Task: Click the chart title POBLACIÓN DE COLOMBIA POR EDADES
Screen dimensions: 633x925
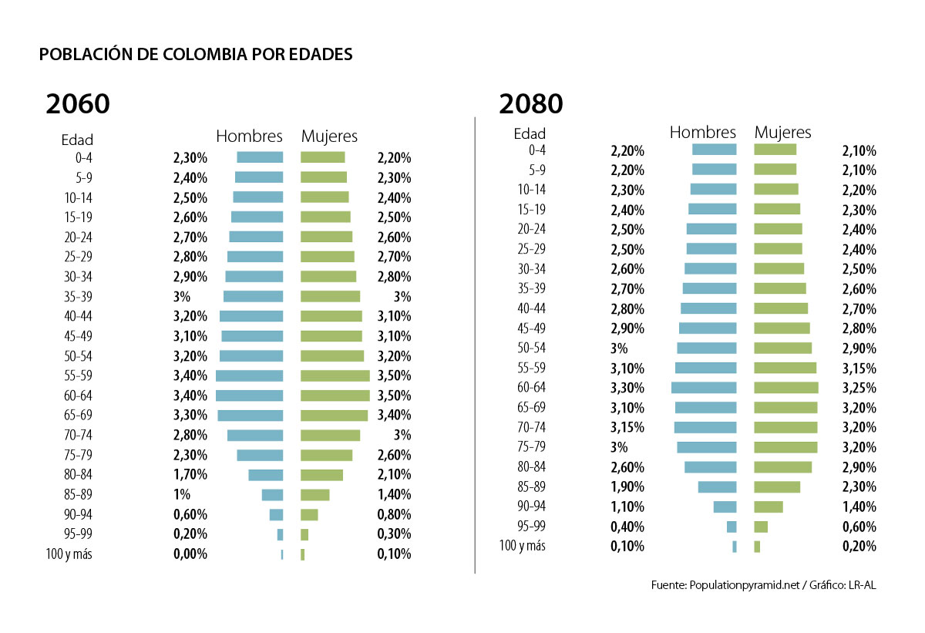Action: tap(196, 55)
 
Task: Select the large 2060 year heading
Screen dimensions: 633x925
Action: tap(77, 104)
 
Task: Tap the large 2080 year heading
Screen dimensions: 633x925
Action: tap(530, 103)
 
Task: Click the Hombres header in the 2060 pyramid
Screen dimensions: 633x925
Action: tap(249, 136)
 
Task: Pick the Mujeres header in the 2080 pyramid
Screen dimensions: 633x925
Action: tap(782, 133)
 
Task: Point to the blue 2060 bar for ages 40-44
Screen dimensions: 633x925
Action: tap(251, 316)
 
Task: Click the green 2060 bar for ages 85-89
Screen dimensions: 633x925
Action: tap(314, 494)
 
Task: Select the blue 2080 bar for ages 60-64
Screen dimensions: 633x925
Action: tap(704, 388)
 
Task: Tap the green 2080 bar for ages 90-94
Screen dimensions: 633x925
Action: tap(768, 507)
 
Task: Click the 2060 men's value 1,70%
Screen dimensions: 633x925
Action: tap(190, 475)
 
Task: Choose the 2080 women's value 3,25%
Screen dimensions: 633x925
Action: tap(859, 388)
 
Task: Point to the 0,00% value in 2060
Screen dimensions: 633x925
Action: tap(190, 554)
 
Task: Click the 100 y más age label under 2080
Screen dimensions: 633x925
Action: tap(522, 546)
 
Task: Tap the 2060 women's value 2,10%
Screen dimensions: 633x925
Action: tap(394, 475)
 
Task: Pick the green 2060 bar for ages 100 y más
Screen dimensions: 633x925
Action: tap(302, 554)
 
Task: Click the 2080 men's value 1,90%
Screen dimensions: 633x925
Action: tap(627, 487)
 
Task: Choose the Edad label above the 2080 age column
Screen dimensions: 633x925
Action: tap(530, 134)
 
